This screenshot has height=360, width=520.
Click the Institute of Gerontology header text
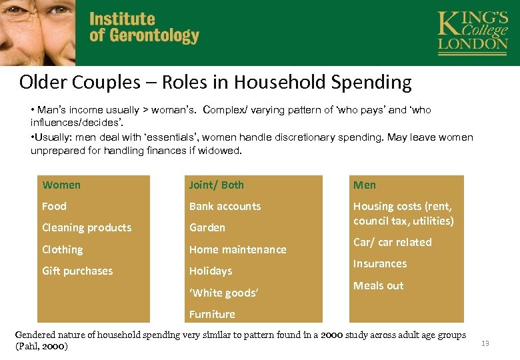pyautogui.click(x=144, y=28)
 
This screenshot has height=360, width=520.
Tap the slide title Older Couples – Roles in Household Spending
pyautogui.click(x=215, y=82)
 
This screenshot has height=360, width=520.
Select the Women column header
pyautogui.click(x=61, y=185)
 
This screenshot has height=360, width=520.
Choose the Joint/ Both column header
pyautogui.click(x=217, y=185)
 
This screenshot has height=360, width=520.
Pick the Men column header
pyautogui.click(x=365, y=185)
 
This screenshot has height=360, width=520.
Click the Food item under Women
pyautogui.click(x=54, y=206)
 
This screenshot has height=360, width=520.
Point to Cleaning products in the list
pyautogui.click(x=87, y=227)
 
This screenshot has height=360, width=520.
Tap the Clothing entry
pyautogui.click(x=63, y=249)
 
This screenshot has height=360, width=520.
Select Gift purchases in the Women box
pyautogui.click(x=77, y=271)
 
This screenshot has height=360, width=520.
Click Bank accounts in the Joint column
pyautogui.click(x=225, y=206)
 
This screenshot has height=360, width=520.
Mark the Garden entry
pyautogui.click(x=207, y=227)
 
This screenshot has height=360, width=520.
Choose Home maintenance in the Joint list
pyautogui.click(x=237, y=249)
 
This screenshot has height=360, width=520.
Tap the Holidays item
pyautogui.click(x=211, y=271)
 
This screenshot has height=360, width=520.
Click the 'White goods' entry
pyautogui.click(x=223, y=293)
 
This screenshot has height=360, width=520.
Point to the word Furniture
pyautogui.click(x=212, y=314)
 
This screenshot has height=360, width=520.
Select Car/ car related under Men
pyautogui.click(x=392, y=242)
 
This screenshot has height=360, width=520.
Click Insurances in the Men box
pyautogui.click(x=380, y=263)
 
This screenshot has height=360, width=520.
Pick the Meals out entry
pyautogui.click(x=378, y=285)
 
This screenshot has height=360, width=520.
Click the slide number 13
pyautogui.click(x=485, y=343)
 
